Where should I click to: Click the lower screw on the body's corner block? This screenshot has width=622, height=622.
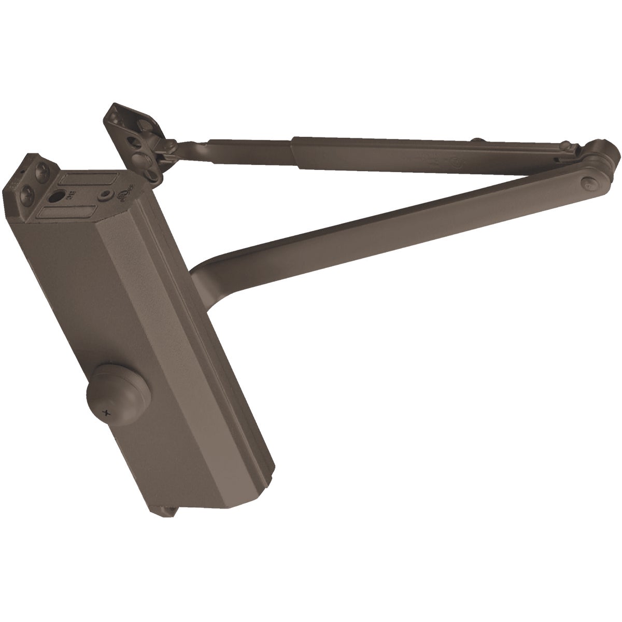point(25,199)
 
